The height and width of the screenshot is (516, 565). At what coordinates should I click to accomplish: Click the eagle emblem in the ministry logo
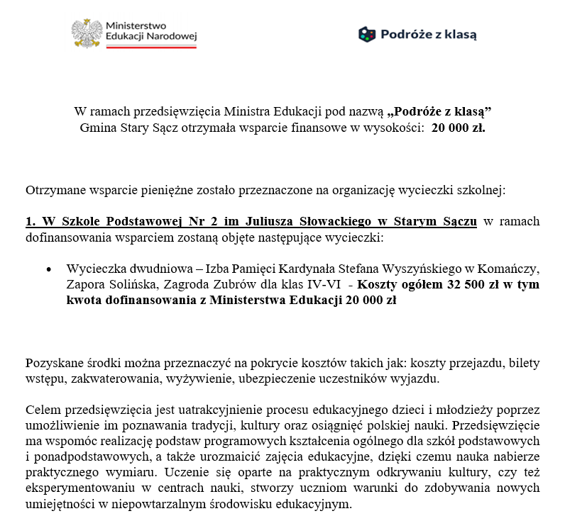(x=87, y=33)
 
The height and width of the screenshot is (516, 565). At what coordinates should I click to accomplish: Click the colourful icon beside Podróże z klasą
(x=366, y=34)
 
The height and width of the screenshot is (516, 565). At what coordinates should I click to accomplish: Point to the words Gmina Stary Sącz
(x=121, y=128)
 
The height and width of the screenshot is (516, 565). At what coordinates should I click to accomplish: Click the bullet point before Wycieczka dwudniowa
(x=48, y=270)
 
